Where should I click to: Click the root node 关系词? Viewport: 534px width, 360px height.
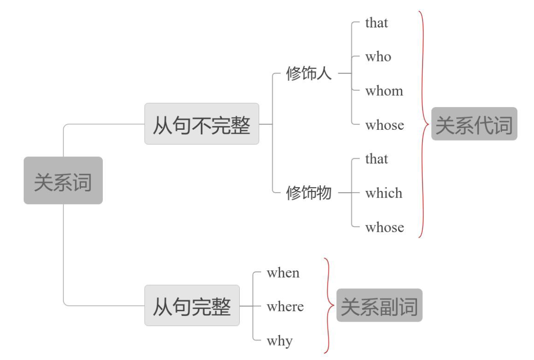(x=63, y=180)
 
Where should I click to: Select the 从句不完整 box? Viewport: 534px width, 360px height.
(x=201, y=124)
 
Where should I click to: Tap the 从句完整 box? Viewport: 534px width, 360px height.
(x=192, y=306)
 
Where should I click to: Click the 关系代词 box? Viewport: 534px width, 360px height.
(x=474, y=124)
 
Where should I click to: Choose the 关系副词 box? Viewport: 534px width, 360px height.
(x=379, y=306)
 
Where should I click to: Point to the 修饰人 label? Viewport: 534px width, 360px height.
(x=309, y=74)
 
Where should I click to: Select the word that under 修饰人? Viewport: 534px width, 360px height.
(x=377, y=23)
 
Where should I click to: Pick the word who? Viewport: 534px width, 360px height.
(x=378, y=57)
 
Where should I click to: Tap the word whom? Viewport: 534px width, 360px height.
(x=384, y=91)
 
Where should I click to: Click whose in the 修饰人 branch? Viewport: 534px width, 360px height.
(x=384, y=125)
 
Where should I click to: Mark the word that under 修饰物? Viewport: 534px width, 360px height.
(x=377, y=159)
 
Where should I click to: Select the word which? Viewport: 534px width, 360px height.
(x=384, y=193)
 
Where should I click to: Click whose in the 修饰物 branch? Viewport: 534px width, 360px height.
(x=384, y=227)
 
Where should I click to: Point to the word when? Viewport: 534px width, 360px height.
(x=283, y=273)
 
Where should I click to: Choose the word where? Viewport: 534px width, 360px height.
(x=285, y=306)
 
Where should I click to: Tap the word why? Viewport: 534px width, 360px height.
(x=280, y=341)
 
